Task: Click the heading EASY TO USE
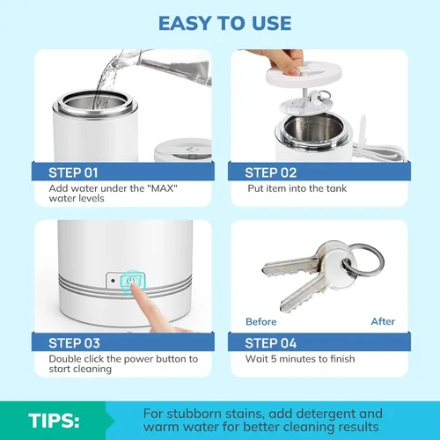pyautogui.click(x=225, y=23)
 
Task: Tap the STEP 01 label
pyautogui.click(x=73, y=172)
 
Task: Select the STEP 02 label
pyautogui.click(x=271, y=172)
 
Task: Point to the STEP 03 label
pyautogui.click(x=74, y=343)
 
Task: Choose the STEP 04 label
pyautogui.click(x=271, y=343)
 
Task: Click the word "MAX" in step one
pyautogui.click(x=164, y=188)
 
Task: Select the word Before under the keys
pyautogui.click(x=261, y=322)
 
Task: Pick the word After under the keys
pyautogui.click(x=383, y=321)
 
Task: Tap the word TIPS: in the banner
pyautogui.click(x=54, y=421)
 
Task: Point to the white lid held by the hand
pyautogui.click(x=304, y=75)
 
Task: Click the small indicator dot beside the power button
pyautogui.click(x=113, y=281)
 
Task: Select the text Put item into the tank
pyautogui.click(x=297, y=188)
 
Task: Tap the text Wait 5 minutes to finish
pyautogui.click(x=300, y=359)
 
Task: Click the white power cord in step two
pyautogui.click(x=381, y=151)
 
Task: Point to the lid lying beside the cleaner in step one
pyautogui.click(x=183, y=150)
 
